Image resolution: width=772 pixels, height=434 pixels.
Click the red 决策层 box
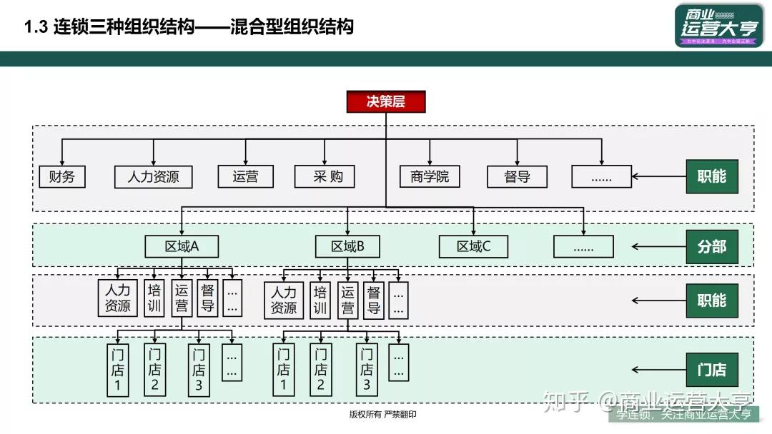(x=386, y=101)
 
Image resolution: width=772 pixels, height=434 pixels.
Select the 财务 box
(x=61, y=176)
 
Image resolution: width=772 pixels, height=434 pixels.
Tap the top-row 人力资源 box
(x=153, y=176)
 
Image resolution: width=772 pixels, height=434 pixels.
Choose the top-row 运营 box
(x=245, y=176)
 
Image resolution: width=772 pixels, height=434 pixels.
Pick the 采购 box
(x=325, y=176)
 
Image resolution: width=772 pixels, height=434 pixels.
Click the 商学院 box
(x=430, y=176)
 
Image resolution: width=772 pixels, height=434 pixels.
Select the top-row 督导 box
(x=517, y=176)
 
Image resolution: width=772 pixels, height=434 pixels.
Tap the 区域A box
(x=182, y=246)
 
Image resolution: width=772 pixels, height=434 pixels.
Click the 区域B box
(x=347, y=246)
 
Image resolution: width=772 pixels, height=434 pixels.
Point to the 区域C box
(x=473, y=246)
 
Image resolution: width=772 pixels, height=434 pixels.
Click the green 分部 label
(x=711, y=246)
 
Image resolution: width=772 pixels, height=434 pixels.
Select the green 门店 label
(x=711, y=370)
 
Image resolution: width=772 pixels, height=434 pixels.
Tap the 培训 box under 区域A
(x=154, y=298)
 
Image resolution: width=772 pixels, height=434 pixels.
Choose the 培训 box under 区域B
(x=320, y=300)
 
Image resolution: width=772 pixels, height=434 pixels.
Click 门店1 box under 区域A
(x=117, y=370)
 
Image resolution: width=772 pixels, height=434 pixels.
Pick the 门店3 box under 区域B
(x=366, y=370)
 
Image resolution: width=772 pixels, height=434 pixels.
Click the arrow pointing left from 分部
(x=658, y=247)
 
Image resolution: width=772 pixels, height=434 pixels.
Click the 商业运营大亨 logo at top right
(x=718, y=26)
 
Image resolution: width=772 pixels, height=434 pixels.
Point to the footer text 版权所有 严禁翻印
(x=382, y=415)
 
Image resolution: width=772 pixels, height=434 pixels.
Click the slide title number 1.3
(x=35, y=27)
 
